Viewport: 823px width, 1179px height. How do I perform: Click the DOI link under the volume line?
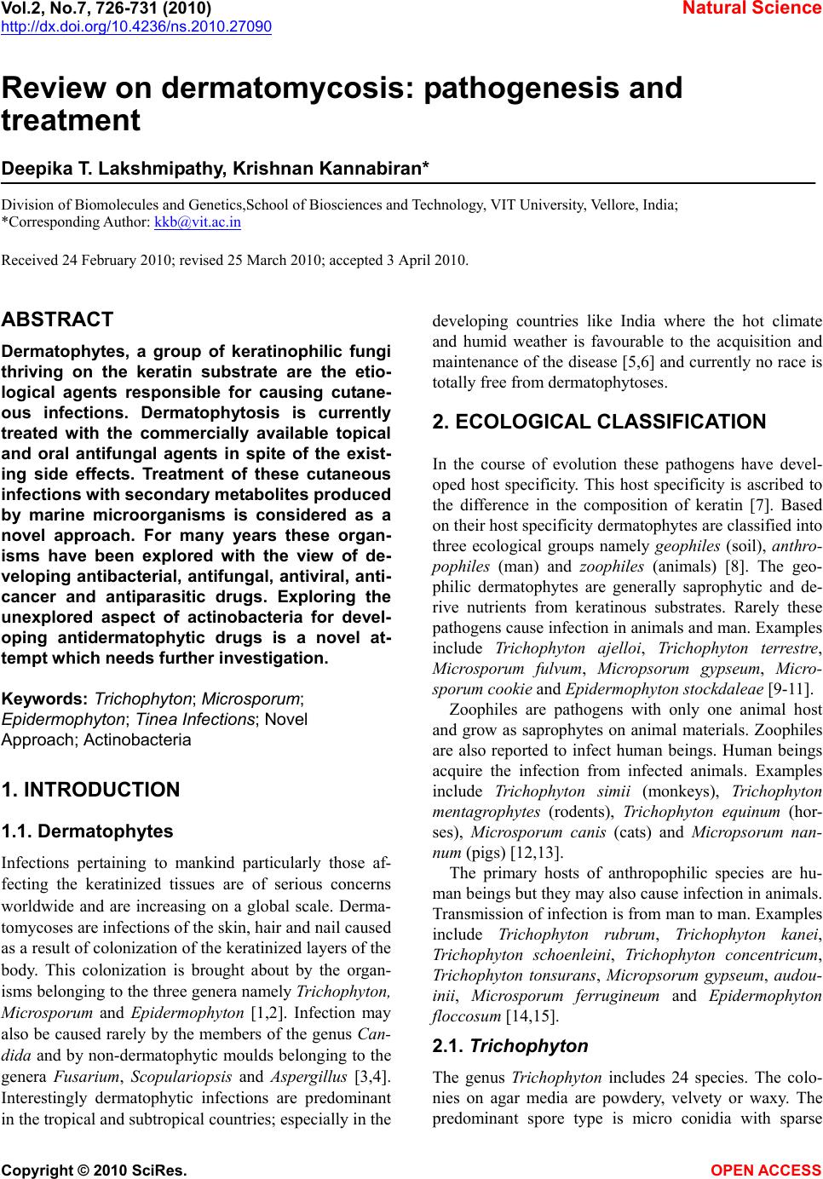(x=136, y=27)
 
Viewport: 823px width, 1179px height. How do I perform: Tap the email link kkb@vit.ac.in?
(x=197, y=222)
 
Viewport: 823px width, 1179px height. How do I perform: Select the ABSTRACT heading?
(x=57, y=320)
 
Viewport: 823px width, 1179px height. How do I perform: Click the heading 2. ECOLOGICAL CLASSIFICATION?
(x=599, y=423)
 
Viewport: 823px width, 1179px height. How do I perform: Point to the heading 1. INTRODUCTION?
(x=91, y=790)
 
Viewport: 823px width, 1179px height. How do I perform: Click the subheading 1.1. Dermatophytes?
(x=88, y=831)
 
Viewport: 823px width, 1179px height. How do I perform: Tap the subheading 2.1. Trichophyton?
(x=509, y=1046)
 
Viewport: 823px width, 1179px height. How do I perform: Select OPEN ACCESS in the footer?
(x=766, y=1170)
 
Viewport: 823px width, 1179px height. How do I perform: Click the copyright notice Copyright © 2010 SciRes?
(x=95, y=1170)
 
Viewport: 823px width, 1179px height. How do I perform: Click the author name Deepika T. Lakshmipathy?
(x=110, y=170)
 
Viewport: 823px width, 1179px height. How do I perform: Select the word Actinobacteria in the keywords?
(x=137, y=739)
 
